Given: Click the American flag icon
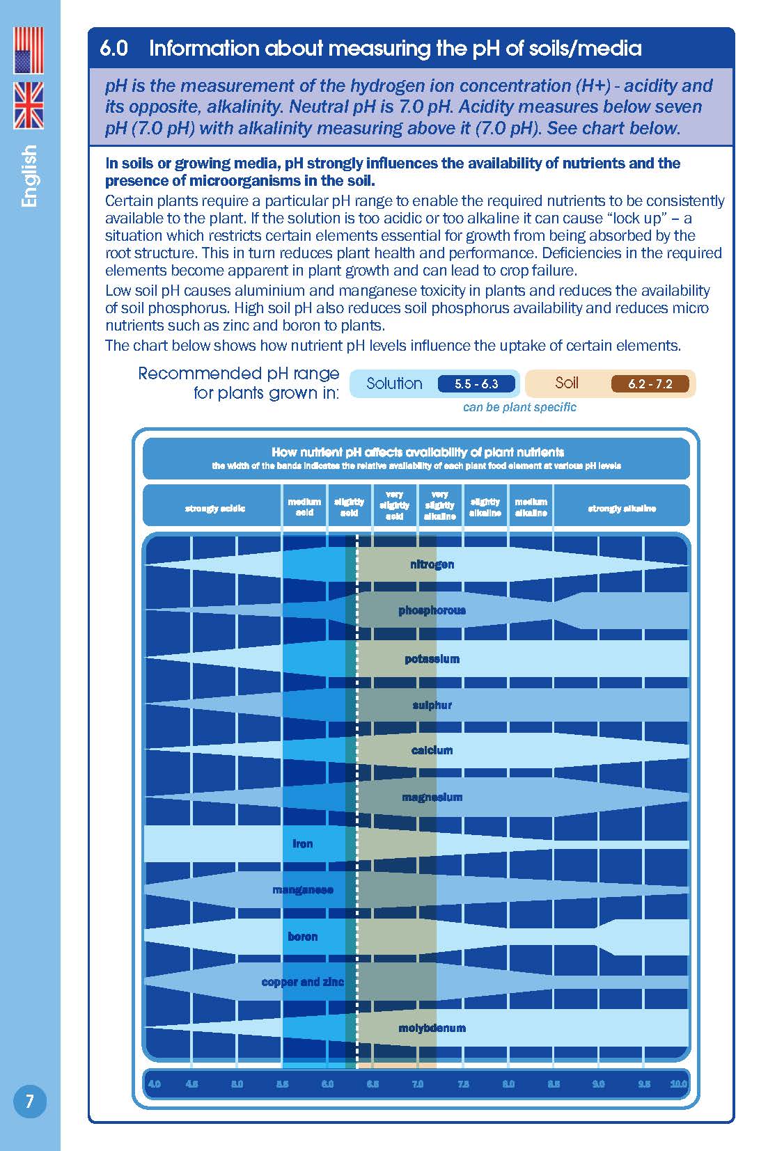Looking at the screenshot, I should coord(29,51).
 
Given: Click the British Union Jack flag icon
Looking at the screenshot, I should coord(29,105).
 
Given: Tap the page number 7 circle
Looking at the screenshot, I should coord(29,1101).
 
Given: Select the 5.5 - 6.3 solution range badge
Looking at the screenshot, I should coord(477,383).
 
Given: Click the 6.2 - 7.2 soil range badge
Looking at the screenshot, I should coord(650,383).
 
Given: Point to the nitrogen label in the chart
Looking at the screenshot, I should coord(432,564).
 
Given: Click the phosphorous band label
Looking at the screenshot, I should coord(432,610).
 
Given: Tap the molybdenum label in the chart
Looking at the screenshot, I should coord(432,1028).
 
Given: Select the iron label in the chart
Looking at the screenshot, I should coord(302,843).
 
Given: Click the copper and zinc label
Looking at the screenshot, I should coord(302,982).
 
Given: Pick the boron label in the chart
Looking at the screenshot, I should coord(302,937).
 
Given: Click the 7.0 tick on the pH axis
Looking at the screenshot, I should coord(418,1083).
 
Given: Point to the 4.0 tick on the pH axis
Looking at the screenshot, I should coord(155,1083).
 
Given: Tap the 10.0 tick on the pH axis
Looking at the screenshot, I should coord(678,1083).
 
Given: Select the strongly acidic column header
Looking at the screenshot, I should coord(214,508).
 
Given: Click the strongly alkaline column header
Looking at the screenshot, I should coord(622,508).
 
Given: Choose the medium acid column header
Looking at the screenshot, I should coord(304,507).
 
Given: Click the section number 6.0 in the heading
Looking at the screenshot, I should coord(114,48).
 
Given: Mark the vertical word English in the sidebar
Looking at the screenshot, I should coord(29,175).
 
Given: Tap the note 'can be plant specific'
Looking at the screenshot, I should coord(519,407).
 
